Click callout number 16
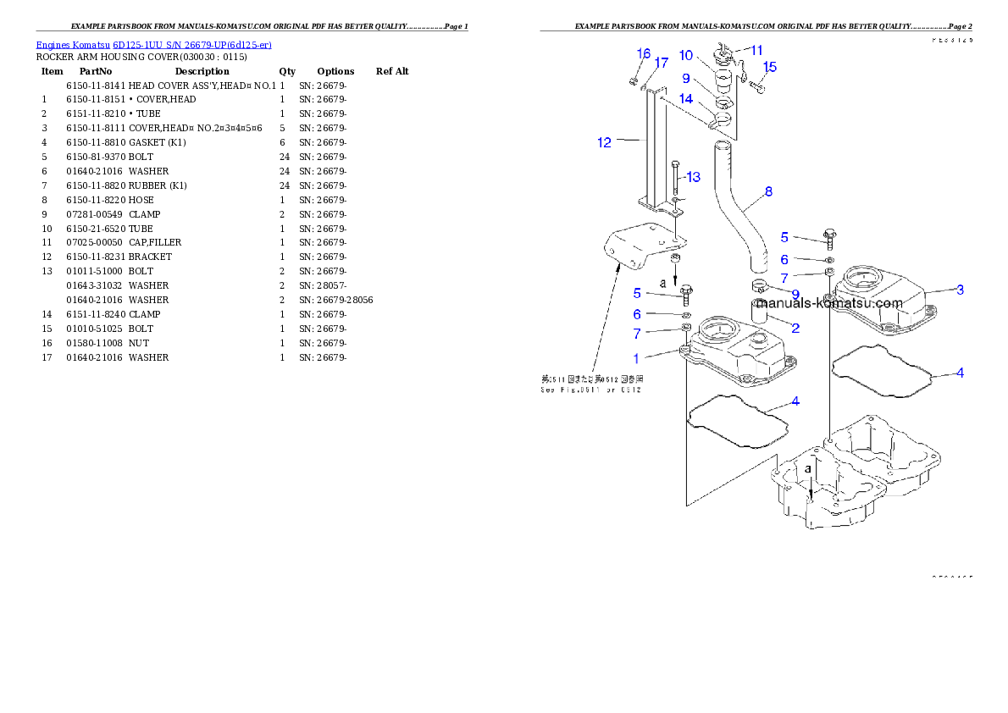tap(644, 53)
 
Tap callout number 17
tap(662, 63)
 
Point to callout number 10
tap(686, 56)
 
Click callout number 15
tap(770, 67)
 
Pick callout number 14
tap(686, 99)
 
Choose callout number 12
tap(604, 142)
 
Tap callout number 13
tap(694, 177)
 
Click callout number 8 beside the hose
tap(768, 191)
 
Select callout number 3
tap(960, 290)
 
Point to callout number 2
tap(795, 327)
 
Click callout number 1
tap(637, 359)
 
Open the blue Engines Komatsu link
tap(153, 45)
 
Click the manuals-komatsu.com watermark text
tap(829, 303)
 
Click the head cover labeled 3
tap(881, 301)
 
